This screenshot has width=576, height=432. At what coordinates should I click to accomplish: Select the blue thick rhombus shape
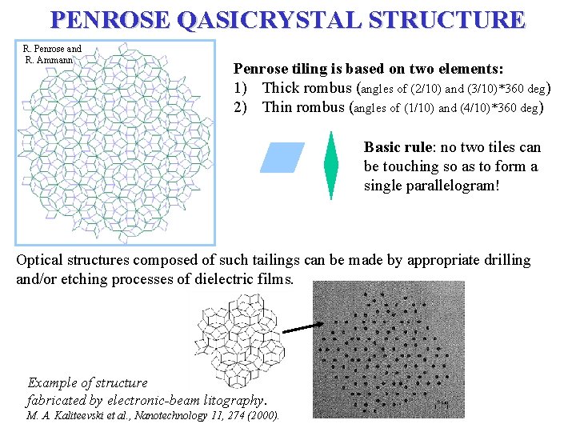point(282,158)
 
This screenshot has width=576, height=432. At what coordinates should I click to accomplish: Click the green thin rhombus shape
point(330,165)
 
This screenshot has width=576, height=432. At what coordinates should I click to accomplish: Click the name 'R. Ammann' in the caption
point(53,59)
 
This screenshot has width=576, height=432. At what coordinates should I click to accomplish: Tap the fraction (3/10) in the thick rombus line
point(455,88)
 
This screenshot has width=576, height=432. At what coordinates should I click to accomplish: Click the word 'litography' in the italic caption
point(229,399)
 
